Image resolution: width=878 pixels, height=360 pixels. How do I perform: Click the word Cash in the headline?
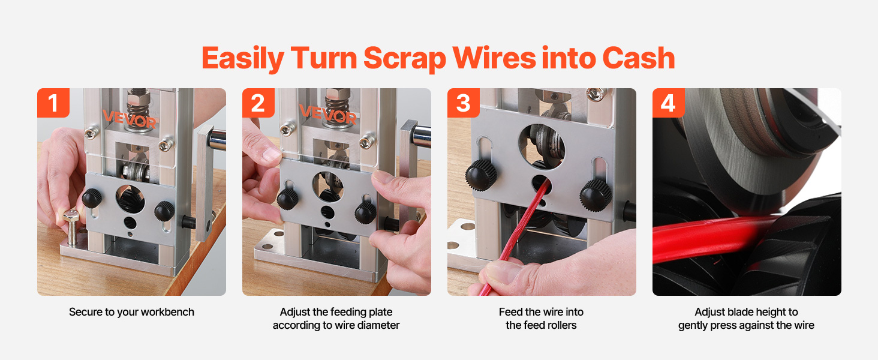639,58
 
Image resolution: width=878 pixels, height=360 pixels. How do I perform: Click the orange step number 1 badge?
53,103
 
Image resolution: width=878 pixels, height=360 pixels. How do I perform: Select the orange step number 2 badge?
258,103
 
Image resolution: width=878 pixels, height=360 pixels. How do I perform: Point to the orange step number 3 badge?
464,103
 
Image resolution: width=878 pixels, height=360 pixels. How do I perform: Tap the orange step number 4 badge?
668,103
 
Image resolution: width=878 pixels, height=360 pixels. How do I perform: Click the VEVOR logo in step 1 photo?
130,118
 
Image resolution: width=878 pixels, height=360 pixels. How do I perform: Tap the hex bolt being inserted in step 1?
72,227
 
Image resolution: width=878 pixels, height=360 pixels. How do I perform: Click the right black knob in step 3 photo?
596,195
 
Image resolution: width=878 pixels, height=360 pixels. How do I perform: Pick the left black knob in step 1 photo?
92,198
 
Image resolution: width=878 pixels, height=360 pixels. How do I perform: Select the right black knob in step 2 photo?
365,213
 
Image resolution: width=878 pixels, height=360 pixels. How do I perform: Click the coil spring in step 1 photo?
138,108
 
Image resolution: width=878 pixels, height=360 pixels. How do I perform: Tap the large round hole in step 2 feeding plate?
327,186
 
